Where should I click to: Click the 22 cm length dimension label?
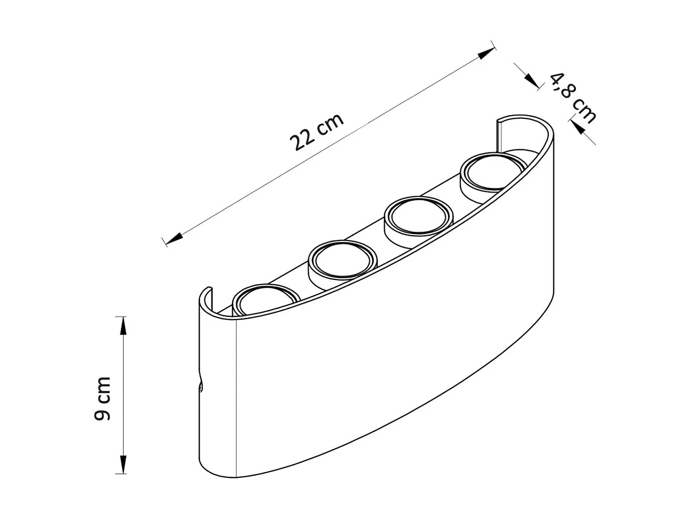[x=317, y=132]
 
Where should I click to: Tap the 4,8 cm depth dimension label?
[x=573, y=98]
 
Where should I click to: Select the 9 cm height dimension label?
[x=102, y=398]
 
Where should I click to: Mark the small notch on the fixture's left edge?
[x=201, y=385]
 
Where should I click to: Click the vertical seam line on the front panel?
[x=236, y=396]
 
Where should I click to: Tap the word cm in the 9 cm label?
[x=102, y=388]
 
